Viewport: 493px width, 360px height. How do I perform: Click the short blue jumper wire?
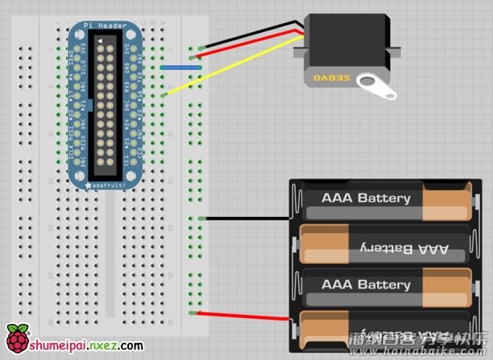[x=182, y=68]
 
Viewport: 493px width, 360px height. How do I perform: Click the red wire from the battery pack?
[x=246, y=318]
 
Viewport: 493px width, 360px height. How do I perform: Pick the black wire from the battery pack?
[x=246, y=218]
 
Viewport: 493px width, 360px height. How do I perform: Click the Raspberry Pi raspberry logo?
[x=16, y=339]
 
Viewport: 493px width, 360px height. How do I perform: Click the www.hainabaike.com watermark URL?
[x=419, y=350]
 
